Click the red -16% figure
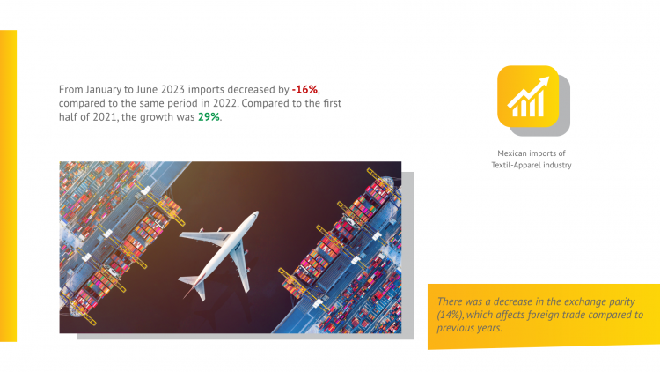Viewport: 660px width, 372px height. tap(304, 89)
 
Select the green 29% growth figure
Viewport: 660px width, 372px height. tap(209, 117)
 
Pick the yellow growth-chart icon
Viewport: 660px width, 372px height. tap(528, 96)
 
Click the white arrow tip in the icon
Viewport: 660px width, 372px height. tap(548, 78)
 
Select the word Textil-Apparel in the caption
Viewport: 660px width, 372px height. tap(516, 165)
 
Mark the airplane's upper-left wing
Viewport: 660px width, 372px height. tap(207, 236)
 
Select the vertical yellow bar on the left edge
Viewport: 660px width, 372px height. tap(9, 186)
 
